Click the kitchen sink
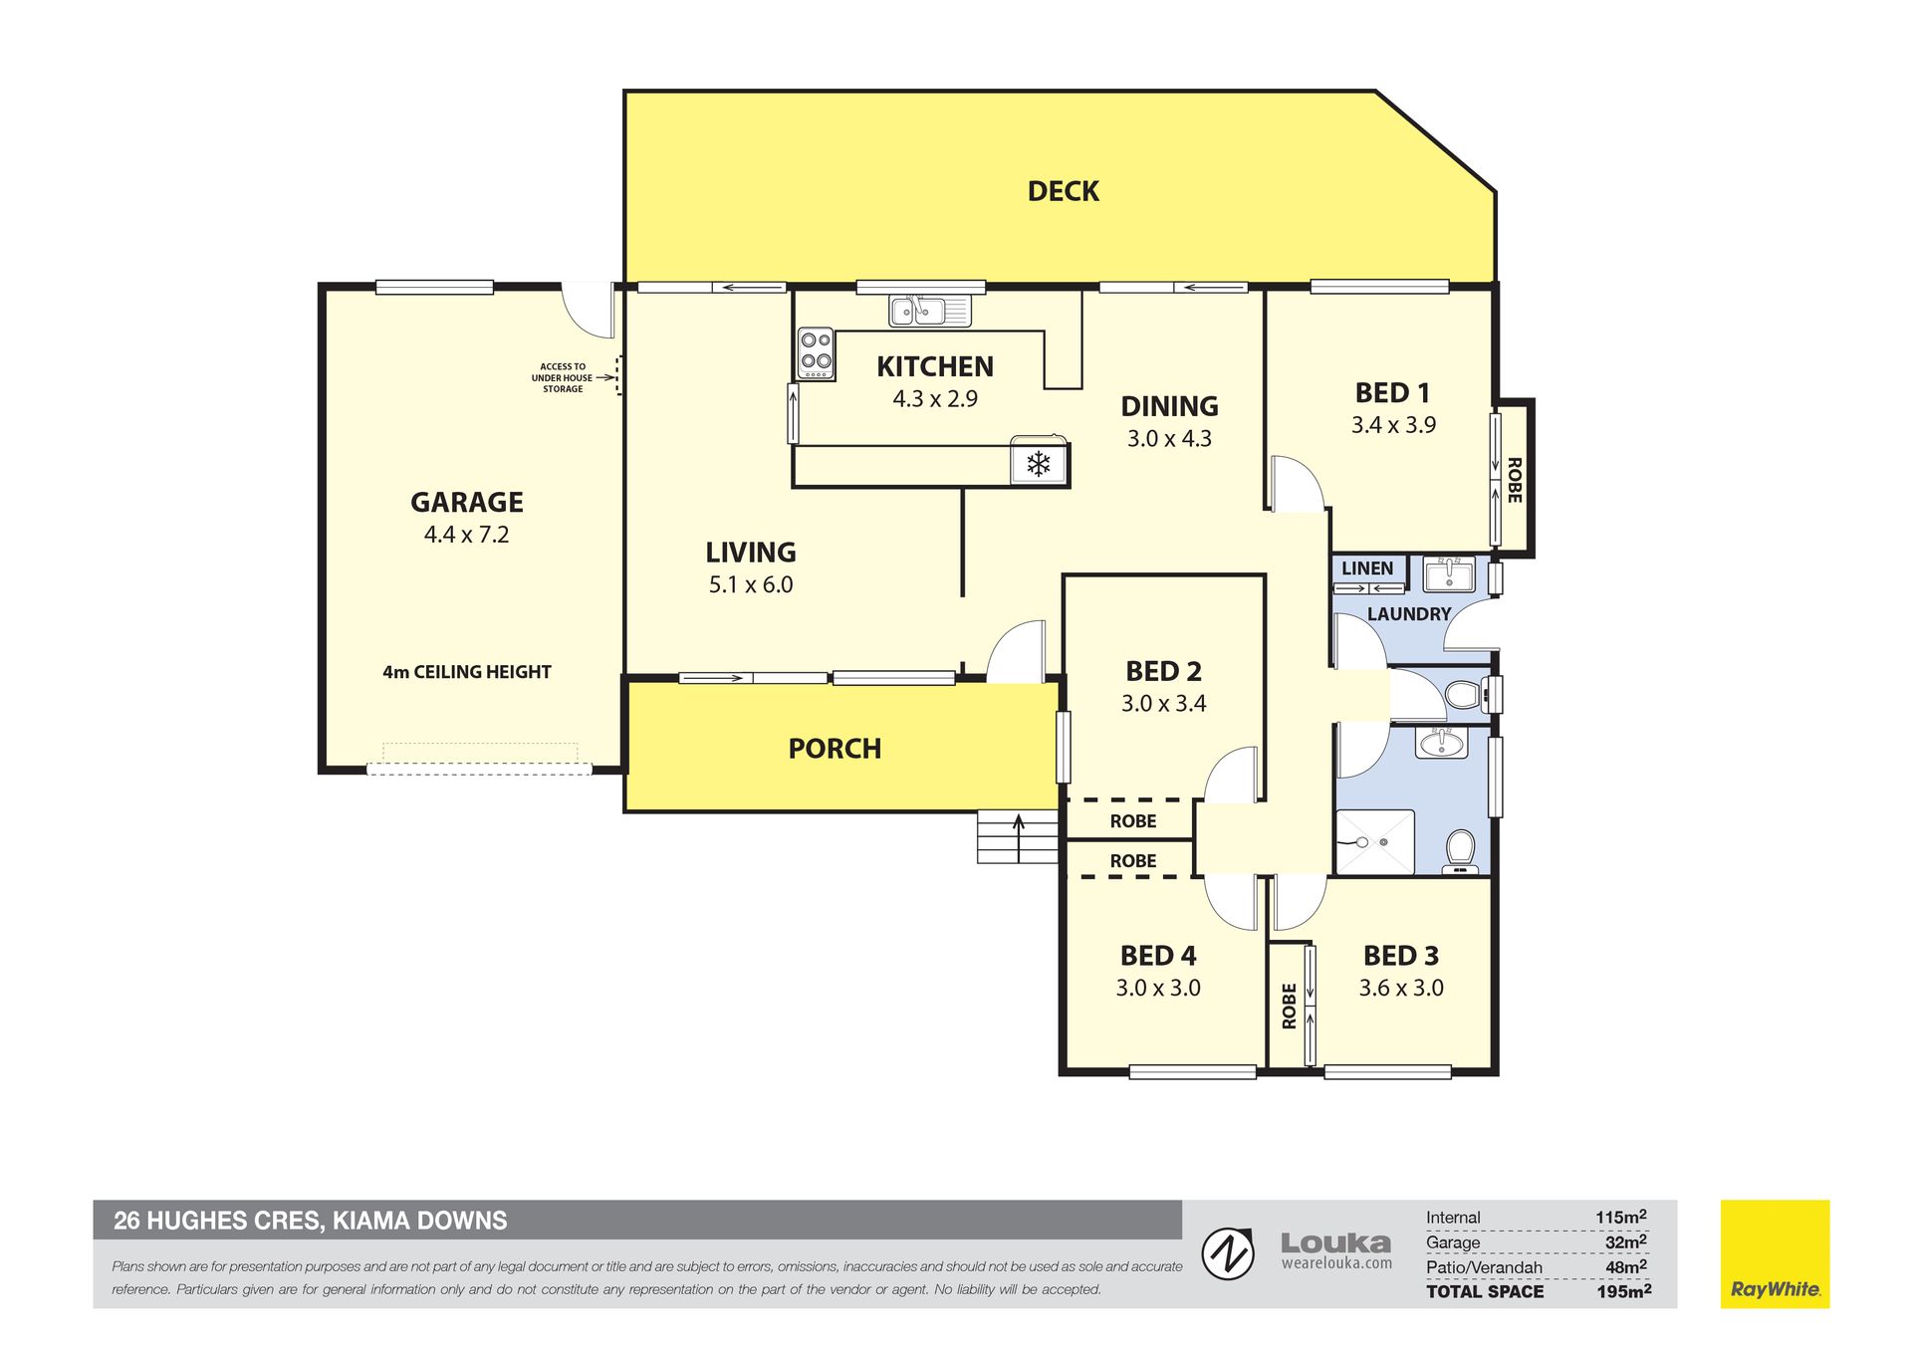[x=929, y=311]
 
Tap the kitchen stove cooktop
[x=816, y=353]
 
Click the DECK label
[x=1063, y=191]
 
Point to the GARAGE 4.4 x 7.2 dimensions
[x=466, y=535]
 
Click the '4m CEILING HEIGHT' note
[x=466, y=672]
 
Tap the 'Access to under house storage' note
[x=563, y=377]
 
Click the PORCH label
[x=835, y=749]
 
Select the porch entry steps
[x=1017, y=836]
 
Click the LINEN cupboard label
[x=1367, y=568]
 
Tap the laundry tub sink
[x=1450, y=574]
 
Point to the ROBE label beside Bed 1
[x=1514, y=480]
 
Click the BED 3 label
[x=1400, y=956]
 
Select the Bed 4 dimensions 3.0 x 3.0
[x=1157, y=988]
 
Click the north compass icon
[x=1228, y=1253]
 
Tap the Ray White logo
[x=1775, y=1253]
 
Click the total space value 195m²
[x=1623, y=1291]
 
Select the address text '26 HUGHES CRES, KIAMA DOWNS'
[x=310, y=1221]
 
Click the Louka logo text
[x=1335, y=1243]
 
